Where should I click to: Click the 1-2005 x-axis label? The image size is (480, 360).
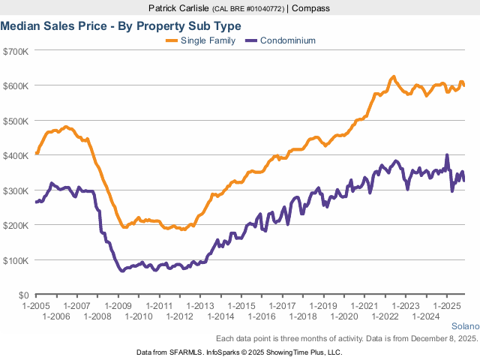[36, 306]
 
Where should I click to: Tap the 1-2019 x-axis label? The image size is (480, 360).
[323, 306]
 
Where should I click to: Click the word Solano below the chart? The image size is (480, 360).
[464, 327]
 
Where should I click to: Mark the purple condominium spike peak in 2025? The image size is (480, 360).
[447, 155]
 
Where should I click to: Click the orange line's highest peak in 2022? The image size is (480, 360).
[393, 76]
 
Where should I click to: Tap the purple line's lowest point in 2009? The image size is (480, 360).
[121, 271]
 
